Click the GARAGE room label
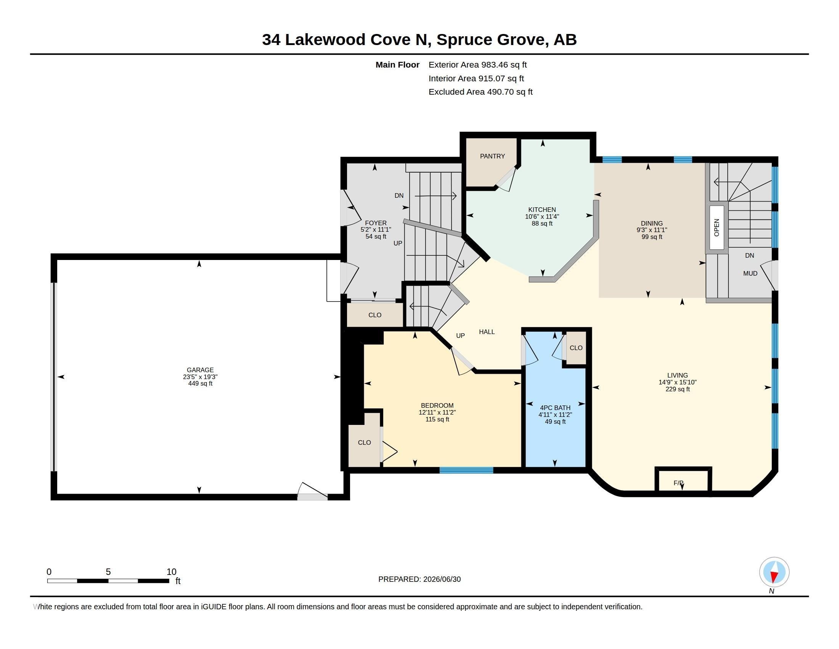tap(200, 370)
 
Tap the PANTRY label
tap(492, 156)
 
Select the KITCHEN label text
tap(542, 210)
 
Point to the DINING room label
tap(651, 223)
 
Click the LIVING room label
tap(677, 375)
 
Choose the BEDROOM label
tap(437, 405)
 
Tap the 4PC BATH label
tap(555, 408)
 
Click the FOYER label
tap(376, 223)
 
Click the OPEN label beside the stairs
tap(716, 228)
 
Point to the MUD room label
tap(750, 273)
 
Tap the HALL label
tap(487, 332)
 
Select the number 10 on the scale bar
tap(171, 572)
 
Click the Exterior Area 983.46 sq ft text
tap(477, 65)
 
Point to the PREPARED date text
tap(419, 579)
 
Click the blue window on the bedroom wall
tap(466, 470)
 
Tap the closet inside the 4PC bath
tap(576, 347)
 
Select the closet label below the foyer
tap(374, 315)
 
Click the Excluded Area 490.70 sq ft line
tap(480, 92)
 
